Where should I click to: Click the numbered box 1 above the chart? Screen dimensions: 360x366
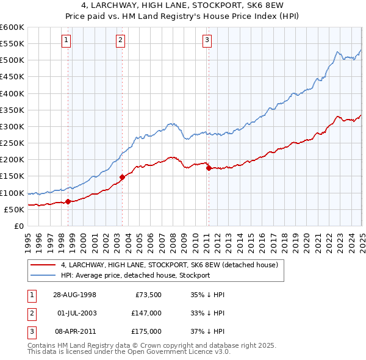point(66,41)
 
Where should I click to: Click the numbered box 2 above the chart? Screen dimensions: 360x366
point(120,41)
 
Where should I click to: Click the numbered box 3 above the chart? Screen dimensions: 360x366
point(207,41)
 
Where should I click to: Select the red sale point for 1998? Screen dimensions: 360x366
point(68,201)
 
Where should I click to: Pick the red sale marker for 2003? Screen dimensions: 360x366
point(122,178)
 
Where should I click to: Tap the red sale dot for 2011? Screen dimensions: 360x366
point(209,168)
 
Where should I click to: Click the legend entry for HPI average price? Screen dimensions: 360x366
point(135,275)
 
